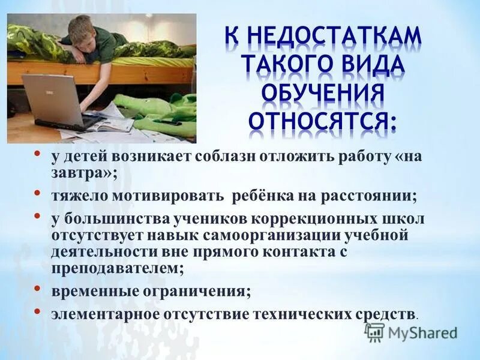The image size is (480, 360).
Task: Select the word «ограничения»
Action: [197, 292]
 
